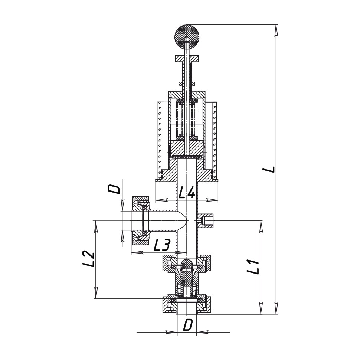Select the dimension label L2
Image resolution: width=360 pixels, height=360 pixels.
point(88,259)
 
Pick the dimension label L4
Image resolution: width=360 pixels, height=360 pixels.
point(187,192)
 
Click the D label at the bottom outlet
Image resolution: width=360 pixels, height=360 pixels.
point(187,325)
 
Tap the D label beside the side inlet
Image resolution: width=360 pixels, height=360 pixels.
point(114,189)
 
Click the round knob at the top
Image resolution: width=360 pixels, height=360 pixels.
point(187,37)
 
